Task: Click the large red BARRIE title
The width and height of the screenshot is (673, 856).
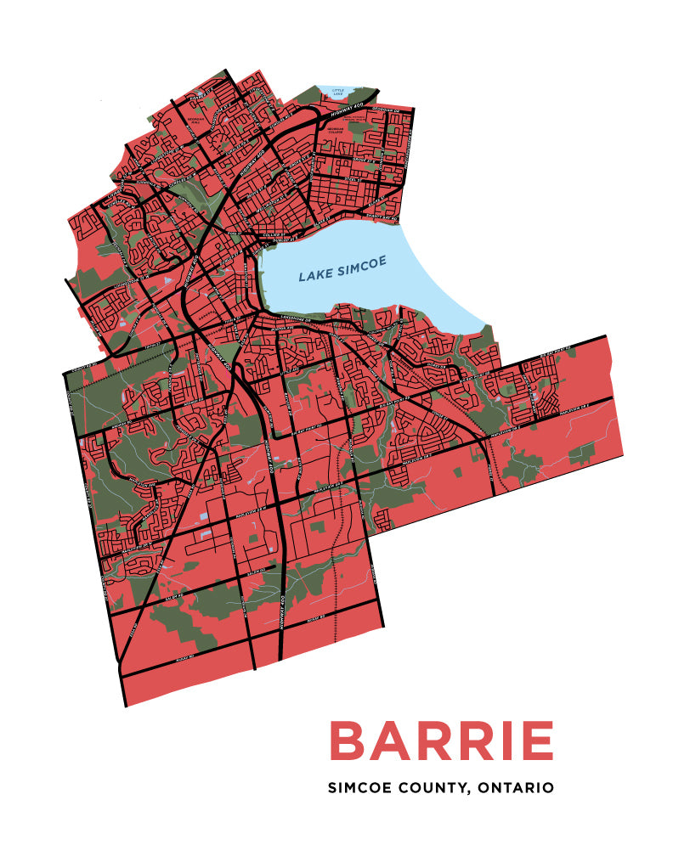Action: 441,741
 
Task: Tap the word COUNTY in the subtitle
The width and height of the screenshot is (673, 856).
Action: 430,788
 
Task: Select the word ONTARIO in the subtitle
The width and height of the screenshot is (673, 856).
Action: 516,788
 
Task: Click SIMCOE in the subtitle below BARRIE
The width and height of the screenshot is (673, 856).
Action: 358,788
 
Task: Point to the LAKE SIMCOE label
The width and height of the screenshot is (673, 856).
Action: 342,269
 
